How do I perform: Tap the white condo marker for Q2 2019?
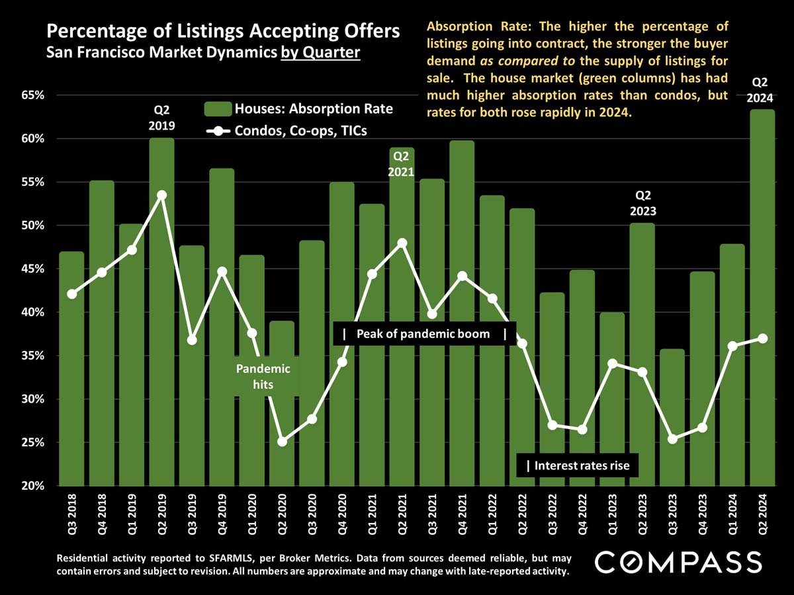click(x=162, y=195)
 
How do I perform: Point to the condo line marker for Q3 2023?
click(x=672, y=439)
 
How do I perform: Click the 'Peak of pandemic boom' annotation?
click(x=423, y=334)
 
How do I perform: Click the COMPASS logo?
click(x=679, y=563)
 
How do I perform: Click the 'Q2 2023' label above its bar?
click(x=642, y=203)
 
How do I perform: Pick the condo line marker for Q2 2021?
click(x=402, y=243)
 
